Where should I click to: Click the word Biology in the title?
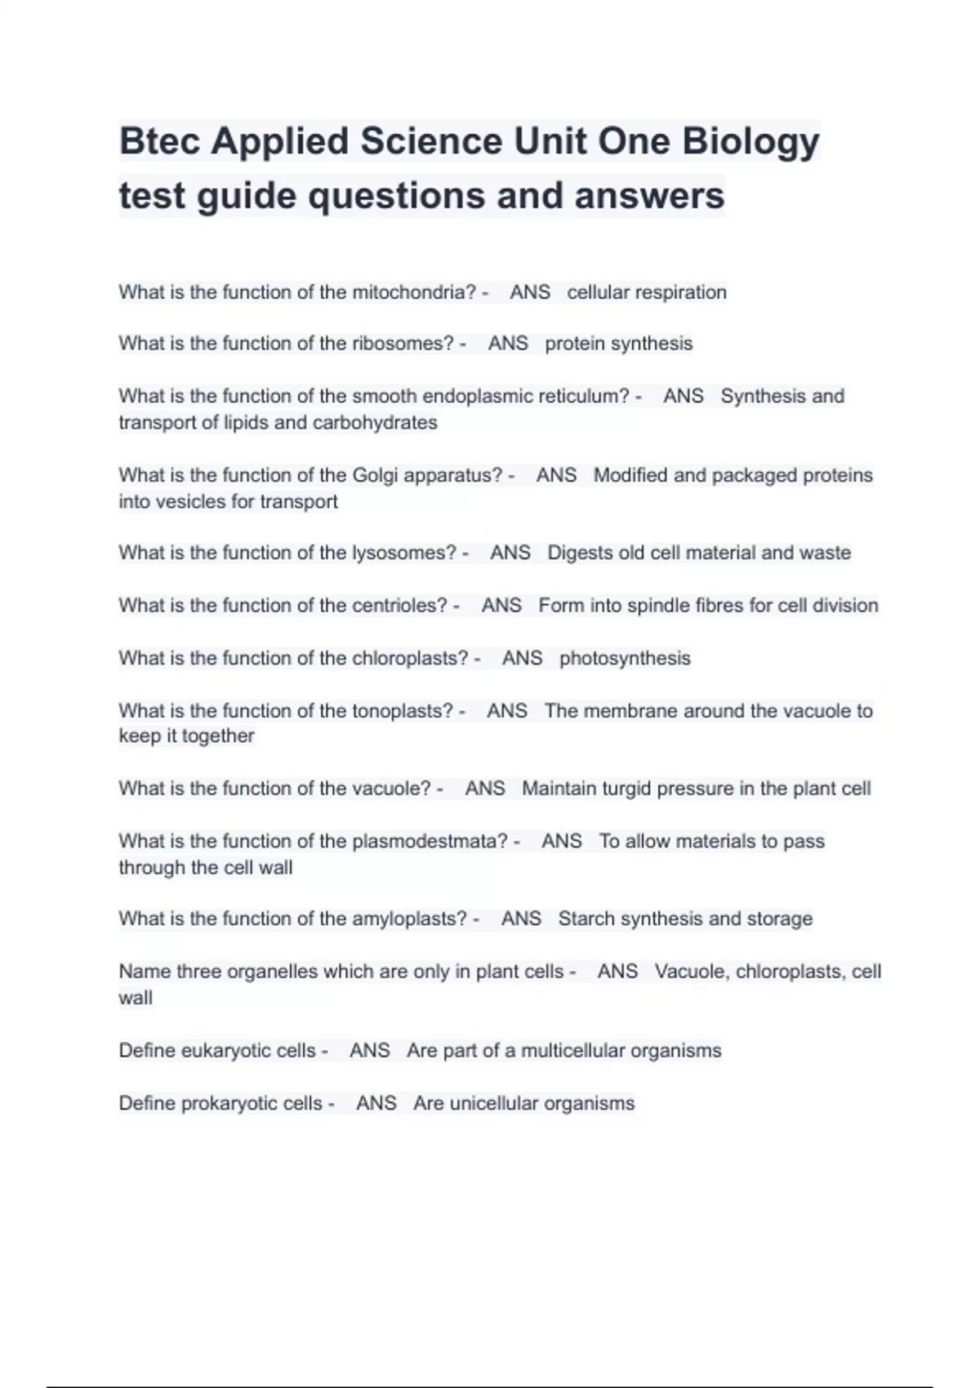point(751,141)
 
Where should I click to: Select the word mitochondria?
point(414,292)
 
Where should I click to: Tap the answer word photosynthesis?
point(625,658)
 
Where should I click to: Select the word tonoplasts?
point(403,711)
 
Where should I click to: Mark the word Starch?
point(586,919)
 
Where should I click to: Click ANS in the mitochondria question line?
point(530,292)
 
